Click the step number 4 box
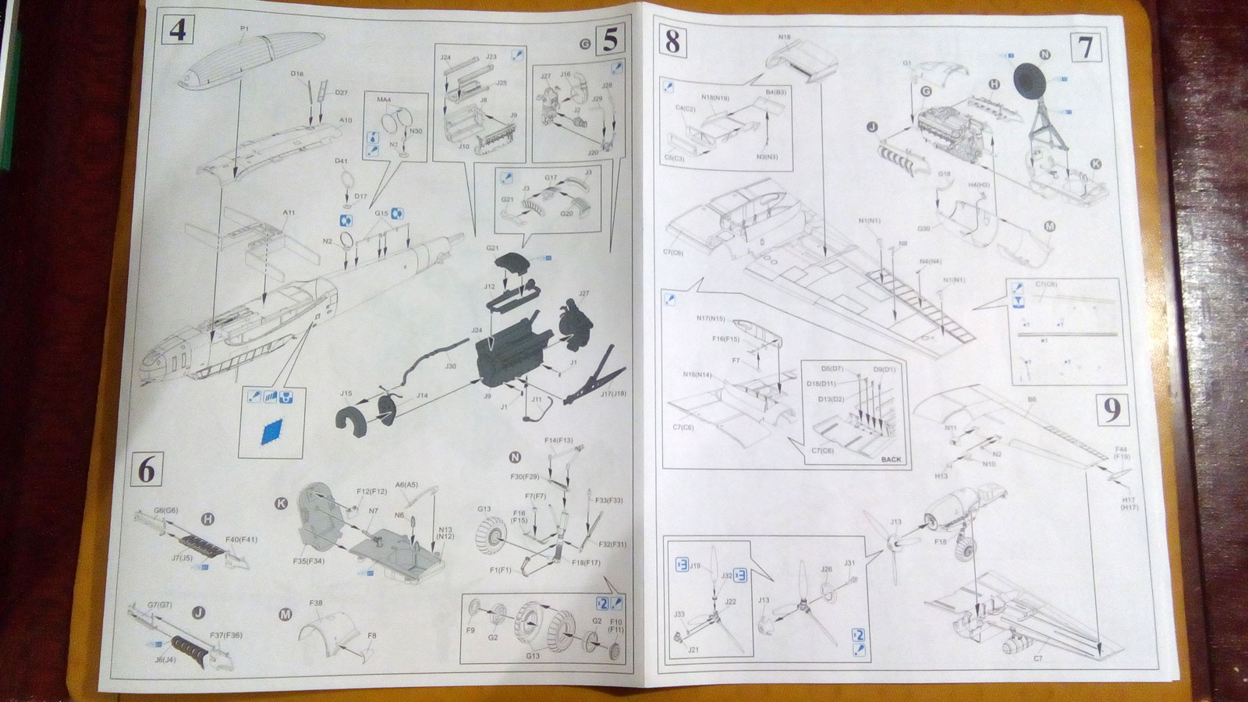pyautogui.click(x=176, y=31)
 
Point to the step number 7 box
pyautogui.click(x=1085, y=48)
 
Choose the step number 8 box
pyautogui.click(x=672, y=41)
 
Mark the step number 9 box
pyautogui.click(x=1111, y=410)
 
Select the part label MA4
pyautogui.click(x=384, y=100)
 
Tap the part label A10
pyautogui.click(x=346, y=120)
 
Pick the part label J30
pyautogui.click(x=451, y=366)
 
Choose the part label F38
pyautogui.click(x=316, y=603)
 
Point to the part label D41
pyautogui.click(x=341, y=161)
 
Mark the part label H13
pyautogui.click(x=941, y=475)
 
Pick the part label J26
pyautogui.click(x=826, y=569)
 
